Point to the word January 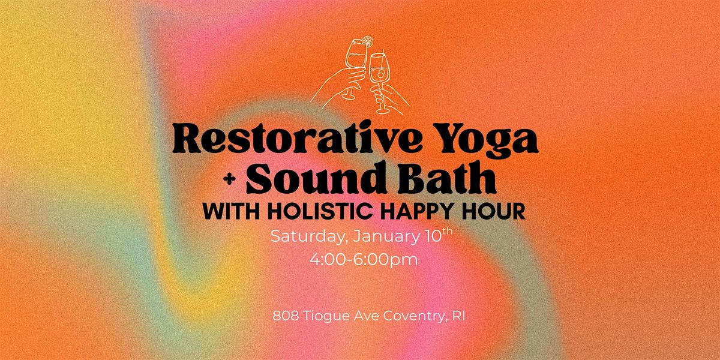click(x=384, y=236)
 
